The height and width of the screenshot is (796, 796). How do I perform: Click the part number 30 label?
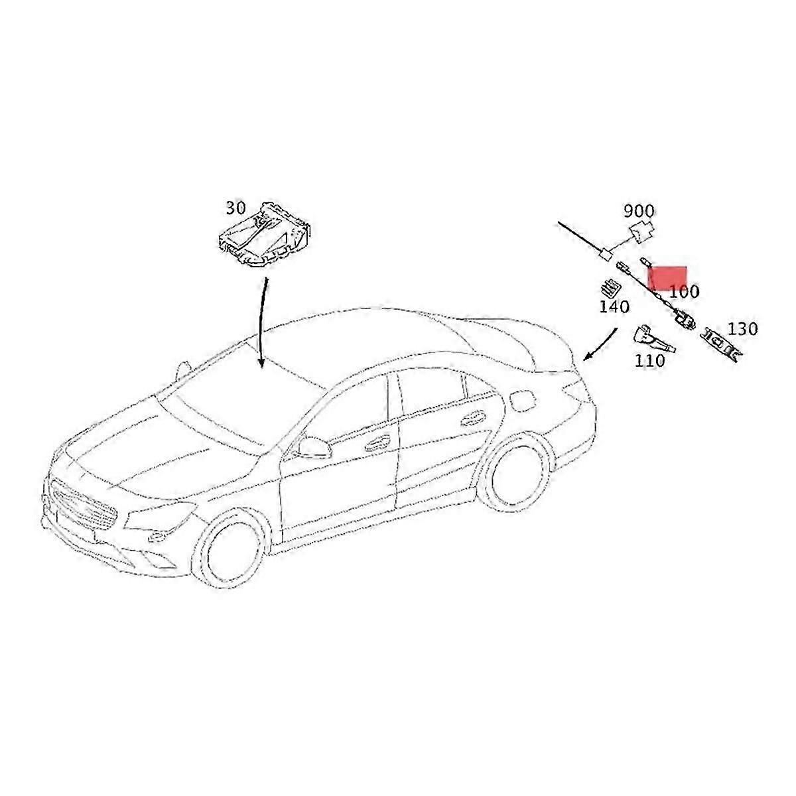click(x=235, y=208)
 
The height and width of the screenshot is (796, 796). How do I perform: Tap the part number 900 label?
click(x=638, y=212)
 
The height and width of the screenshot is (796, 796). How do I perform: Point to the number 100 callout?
click(x=684, y=291)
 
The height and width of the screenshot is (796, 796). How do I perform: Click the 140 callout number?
click(x=614, y=307)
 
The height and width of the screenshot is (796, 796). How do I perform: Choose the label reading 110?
click(x=649, y=361)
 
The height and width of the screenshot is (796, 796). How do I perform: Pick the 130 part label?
click(x=742, y=329)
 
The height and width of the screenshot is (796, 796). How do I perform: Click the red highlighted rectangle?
click(x=668, y=277)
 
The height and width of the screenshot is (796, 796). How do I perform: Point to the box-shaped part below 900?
click(x=640, y=232)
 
